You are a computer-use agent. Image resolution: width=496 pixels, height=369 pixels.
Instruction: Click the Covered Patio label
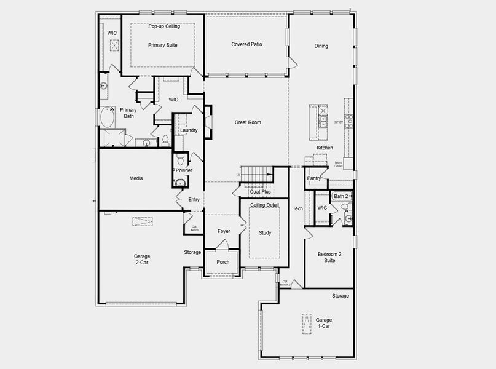point(247,44)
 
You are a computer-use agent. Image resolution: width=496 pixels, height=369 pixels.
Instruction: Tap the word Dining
point(321,46)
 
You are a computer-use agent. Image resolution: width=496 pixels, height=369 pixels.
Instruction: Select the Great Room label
point(248,122)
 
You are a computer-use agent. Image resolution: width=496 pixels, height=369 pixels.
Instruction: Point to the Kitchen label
point(325,148)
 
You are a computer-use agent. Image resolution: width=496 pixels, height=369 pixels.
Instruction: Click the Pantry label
point(314,178)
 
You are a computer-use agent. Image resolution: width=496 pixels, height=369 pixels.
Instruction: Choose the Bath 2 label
point(341,196)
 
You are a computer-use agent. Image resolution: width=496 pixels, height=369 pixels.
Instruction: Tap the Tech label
point(297,208)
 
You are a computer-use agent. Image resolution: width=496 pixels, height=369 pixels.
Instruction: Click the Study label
point(265,233)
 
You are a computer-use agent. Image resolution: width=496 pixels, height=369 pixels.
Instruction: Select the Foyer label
point(224,231)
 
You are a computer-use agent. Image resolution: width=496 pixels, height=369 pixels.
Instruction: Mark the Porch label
point(222,262)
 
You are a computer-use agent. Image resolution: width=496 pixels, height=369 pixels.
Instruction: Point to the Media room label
point(136,178)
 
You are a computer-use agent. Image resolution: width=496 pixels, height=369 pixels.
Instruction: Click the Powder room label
point(184,170)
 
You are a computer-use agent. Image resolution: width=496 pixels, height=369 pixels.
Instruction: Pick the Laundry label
point(188,130)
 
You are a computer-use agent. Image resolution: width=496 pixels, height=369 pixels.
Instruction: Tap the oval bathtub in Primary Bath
point(108,117)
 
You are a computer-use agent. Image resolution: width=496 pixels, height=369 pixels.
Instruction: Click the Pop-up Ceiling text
point(164,26)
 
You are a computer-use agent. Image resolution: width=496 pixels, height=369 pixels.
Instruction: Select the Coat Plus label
point(260,192)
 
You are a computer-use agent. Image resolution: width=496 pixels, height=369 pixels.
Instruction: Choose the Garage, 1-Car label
point(324,323)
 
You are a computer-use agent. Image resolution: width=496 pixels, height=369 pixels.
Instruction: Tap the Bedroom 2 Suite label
point(329,257)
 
